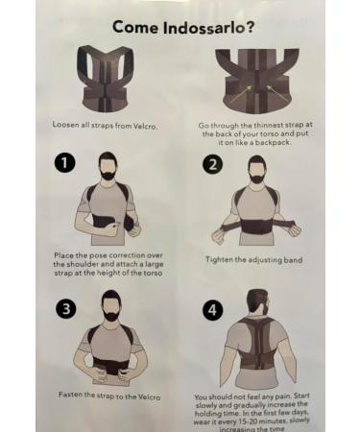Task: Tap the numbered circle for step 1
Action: (63, 164)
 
